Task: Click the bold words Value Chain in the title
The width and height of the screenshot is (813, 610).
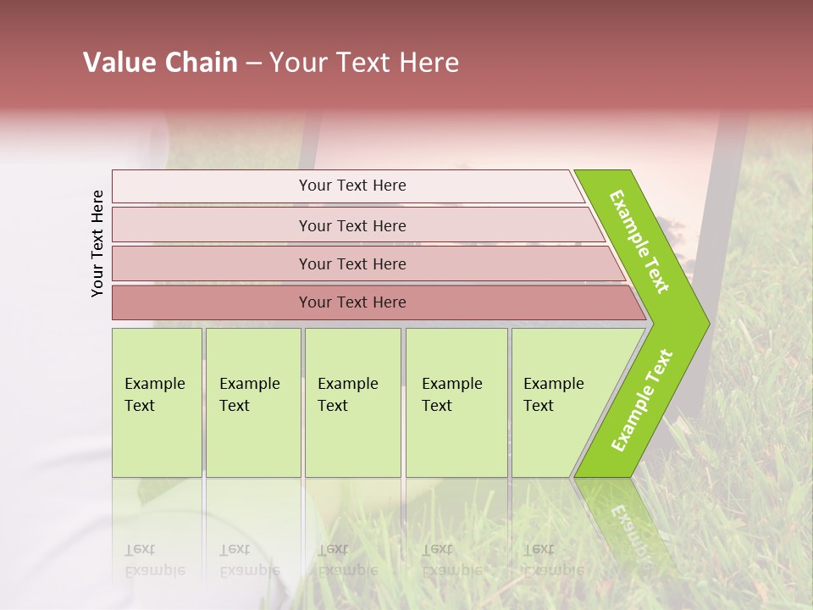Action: pyautogui.click(x=160, y=63)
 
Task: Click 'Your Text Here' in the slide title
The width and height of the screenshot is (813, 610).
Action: pyautogui.click(x=364, y=63)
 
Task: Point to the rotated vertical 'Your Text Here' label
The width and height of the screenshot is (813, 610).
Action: pyautogui.click(x=97, y=244)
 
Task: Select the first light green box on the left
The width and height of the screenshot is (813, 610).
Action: pyautogui.click(x=157, y=402)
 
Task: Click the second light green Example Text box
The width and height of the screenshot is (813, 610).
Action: pyautogui.click(x=253, y=402)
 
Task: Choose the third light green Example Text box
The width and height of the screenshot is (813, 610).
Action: pyautogui.click(x=352, y=402)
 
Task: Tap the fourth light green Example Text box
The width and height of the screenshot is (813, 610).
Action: pyautogui.click(x=456, y=402)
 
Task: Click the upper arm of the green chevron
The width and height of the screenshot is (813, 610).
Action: pyautogui.click(x=639, y=241)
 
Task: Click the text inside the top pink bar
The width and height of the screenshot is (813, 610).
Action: pyautogui.click(x=352, y=186)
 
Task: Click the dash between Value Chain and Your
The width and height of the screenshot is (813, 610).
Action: pyautogui.click(x=253, y=64)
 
